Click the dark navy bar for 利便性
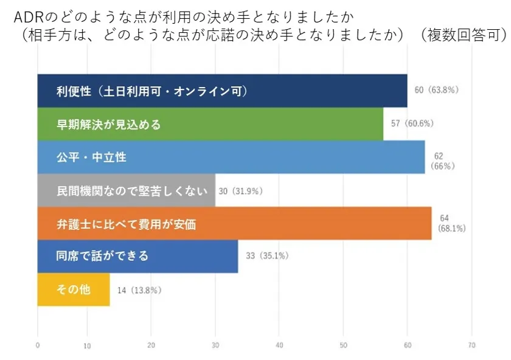click(x=222, y=91)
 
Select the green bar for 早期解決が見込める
click(x=210, y=124)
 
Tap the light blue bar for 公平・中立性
click(x=231, y=157)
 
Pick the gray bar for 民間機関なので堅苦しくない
click(x=126, y=190)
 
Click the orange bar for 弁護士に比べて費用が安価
click(x=234, y=224)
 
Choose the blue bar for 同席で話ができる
click(x=137, y=256)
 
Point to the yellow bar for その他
click(x=74, y=289)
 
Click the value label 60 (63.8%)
click(x=436, y=91)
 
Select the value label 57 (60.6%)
click(x=412, y=123)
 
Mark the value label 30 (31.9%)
click(x=240, y=191)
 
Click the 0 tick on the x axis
click(x=38, y=345)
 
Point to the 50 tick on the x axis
click(x=344, y=345)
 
